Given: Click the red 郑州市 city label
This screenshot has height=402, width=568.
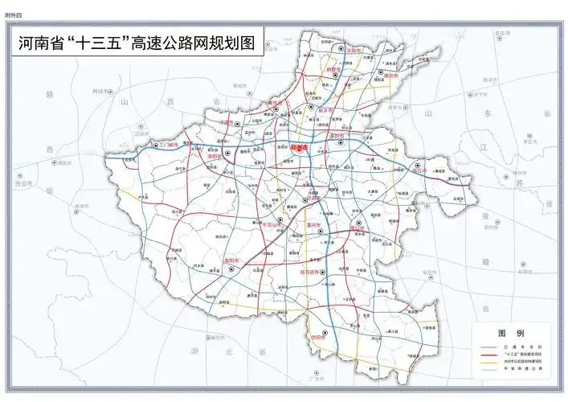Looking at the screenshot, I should (300, 148).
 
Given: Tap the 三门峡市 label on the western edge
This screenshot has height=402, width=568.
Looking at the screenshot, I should (167, 145).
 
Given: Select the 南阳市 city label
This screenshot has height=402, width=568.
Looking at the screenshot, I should (231, 260).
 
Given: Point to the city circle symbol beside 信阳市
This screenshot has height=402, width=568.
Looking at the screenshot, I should (325, 334).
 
